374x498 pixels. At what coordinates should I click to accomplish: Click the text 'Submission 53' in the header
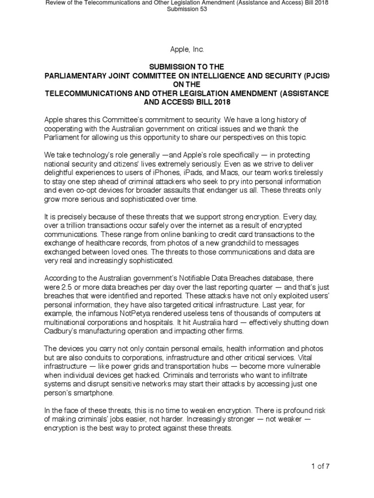click(x=187, y=9)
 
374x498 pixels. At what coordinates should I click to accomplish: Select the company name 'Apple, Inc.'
click(x=187, y=49)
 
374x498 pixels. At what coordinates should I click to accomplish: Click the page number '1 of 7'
click(x=320, y=466)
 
